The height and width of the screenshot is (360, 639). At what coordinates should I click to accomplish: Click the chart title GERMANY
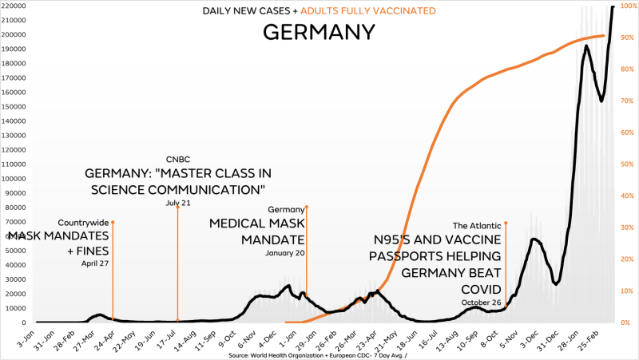(x=319, y=32)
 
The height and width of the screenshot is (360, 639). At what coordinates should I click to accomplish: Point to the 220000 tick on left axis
(x=16, y=6)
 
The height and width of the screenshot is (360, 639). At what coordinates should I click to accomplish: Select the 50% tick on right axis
(x=629, y=164)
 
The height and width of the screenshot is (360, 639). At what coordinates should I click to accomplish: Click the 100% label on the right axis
(x=628, y=6)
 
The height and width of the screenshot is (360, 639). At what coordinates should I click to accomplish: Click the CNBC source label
(x=177, y=159)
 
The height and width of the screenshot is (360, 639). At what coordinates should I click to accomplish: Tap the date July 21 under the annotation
(x=177, y=203)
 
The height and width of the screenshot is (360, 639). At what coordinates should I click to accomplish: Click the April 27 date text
(x=94, y=263)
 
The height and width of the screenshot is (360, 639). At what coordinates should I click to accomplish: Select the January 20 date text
(x=285, y=253)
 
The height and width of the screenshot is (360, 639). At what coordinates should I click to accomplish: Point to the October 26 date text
(x=482, y=303)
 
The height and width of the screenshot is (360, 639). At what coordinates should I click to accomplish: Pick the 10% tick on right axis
(x=629, y=291)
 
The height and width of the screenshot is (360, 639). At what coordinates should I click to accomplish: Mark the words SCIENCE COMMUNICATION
(x=175, y=190)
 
